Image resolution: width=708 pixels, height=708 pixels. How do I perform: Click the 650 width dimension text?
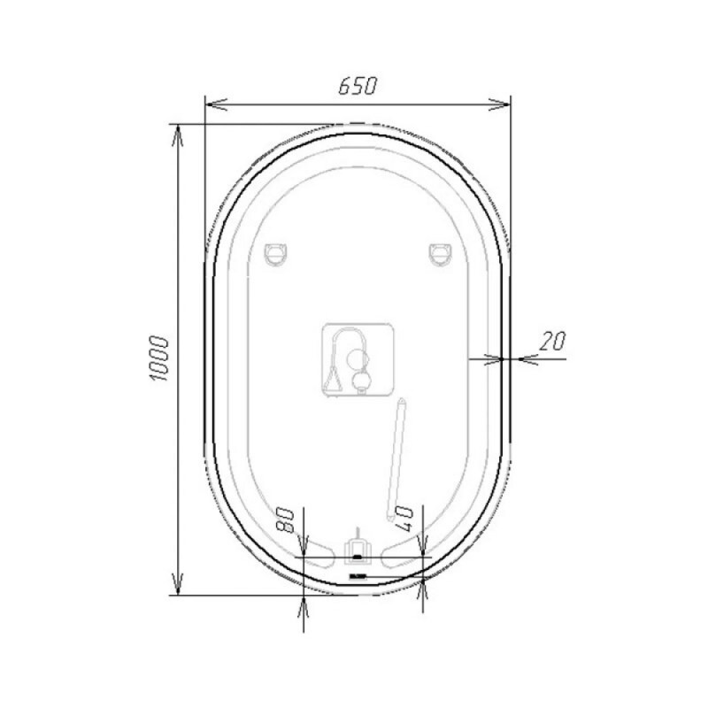click(358, 86)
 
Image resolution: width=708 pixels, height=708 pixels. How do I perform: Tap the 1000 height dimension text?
click(159, 358)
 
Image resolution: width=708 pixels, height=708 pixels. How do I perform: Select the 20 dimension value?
click(552, 341)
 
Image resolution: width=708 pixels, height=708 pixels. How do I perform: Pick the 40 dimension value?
click(404, 519)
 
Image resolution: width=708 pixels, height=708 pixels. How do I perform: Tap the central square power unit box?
click(358, 360)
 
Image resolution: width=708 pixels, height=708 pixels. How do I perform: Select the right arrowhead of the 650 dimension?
click(499, 104)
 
